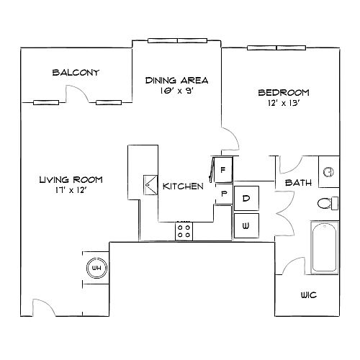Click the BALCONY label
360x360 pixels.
coord(76,73)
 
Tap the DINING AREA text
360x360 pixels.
coord(177,80)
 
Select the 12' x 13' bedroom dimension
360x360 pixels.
coord(284,103)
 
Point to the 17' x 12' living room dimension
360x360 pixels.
coord(71,190)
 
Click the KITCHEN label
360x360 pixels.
coord(183,186)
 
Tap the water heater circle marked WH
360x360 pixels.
coord(96,268)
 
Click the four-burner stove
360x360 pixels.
coord(184,231)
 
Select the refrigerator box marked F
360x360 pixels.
coord(223,170)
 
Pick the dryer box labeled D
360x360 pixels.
coord(246,198)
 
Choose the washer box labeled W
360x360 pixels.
coord(246,225)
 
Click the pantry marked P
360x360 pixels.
coord(224,194)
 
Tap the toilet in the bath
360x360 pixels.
coord(328,204)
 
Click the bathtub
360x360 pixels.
coord(325,248)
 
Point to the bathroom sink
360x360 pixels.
coord(328,172)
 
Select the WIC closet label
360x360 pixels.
coord(309,295)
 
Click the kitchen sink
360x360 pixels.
coord(150,185)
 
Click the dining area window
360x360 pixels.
coord(177,41)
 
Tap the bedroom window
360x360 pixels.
coord(276,48)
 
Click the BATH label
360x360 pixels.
coord(298,183)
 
